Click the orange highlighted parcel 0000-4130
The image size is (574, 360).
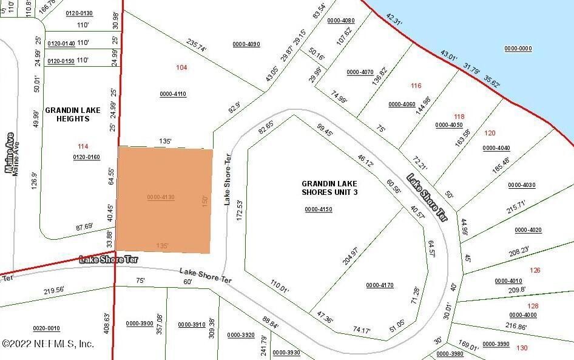[164, 200]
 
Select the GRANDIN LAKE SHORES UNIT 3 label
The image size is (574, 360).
[329, 188]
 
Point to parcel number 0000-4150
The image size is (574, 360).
[319, 209]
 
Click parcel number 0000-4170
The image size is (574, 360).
[380, 285]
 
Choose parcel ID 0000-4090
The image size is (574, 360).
[246, 44]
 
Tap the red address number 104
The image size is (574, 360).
[181, 67]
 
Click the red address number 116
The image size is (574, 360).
[416, 86]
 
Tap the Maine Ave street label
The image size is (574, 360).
[10, 153]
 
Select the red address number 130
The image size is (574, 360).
[521, 348]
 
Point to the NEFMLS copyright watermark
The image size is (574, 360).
[48, 344]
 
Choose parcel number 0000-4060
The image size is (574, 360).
[402, 104]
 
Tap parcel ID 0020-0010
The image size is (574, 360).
[46, 328]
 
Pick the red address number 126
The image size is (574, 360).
[535, 270]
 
